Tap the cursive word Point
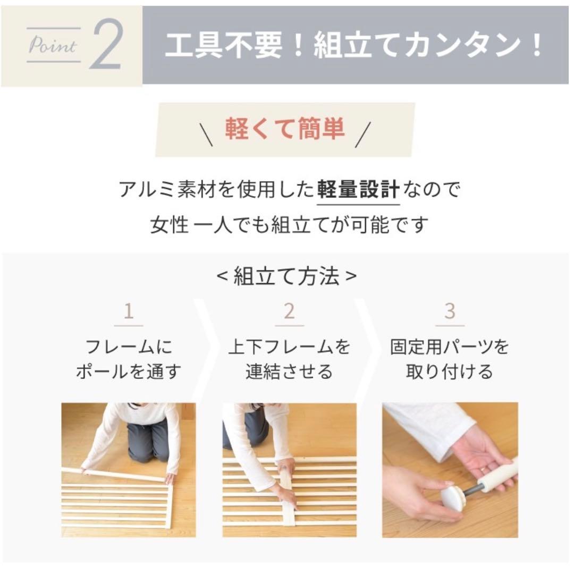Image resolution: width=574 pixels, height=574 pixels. pyautogui.click(x=52, y=46)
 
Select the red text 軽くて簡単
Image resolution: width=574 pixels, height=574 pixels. pyautogui.click(x=285, y=129)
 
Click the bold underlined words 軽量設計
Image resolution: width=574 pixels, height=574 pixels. pyautogui.click(x=358, y=190)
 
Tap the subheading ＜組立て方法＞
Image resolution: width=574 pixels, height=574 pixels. pyautogui.click(x=287, y=276)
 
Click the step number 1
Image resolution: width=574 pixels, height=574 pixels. pyautogui.click(x=128, y=311)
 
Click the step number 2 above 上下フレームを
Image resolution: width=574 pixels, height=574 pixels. pyautogui.click(x=289, y=311)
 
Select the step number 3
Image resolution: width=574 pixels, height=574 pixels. pyautogui.click(x=450, y=311)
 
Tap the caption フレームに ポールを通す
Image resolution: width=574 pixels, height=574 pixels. pyautogui.click(x=129, y=359)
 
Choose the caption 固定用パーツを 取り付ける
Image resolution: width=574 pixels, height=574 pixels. pyautogui.click(x=450, y=359)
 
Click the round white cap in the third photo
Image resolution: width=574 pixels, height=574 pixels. pyautogui.click(x=452, y=496)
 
